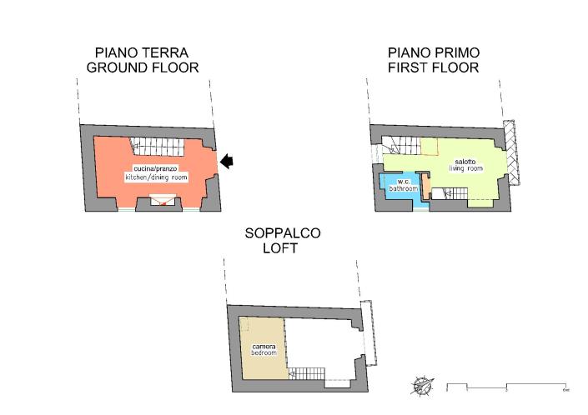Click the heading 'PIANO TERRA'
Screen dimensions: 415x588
click(142, 52)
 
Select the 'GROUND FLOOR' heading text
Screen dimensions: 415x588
click(142, 67)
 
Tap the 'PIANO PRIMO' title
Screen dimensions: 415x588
click(433, 52)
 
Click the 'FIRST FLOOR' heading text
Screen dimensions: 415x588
click(433, 67)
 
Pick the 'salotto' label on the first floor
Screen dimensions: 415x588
click(465, 161)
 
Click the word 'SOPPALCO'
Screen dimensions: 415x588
click(282, 233)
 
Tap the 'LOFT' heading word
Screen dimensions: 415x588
click(282, 248)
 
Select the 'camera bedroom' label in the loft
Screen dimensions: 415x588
click(263, 349)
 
